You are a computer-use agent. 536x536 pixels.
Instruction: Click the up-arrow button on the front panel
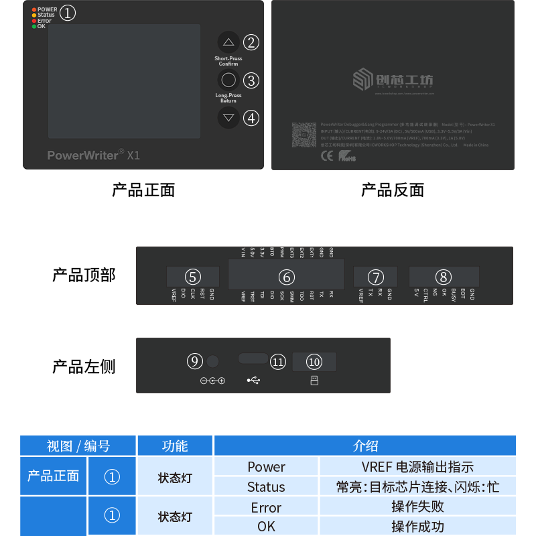tap(228, 42)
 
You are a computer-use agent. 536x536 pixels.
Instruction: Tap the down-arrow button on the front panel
tap(228, 118)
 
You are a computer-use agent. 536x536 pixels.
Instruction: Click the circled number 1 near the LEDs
tap(68, 13)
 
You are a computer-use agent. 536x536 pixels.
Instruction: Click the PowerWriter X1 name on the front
tap(93, 155)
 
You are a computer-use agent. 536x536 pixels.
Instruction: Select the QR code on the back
tap(304, 134)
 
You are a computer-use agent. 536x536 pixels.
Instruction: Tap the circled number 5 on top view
tap(193, 277)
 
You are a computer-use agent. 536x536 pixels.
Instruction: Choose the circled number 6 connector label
tap(286, 277)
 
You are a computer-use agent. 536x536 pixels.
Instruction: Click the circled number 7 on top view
tap(376, 277)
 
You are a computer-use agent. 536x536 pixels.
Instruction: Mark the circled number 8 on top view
tap(444, 277)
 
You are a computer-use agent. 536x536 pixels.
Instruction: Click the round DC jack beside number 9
tap(212, 362)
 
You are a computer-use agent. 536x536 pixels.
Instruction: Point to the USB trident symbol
tap(255, 381)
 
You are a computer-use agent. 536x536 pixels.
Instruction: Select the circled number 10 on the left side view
tap(314, 362)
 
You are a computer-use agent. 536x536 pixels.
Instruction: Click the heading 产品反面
tap(392, 190)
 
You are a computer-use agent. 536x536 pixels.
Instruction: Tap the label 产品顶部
tap(84, 275)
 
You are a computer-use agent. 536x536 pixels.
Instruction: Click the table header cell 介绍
tap(365, 446)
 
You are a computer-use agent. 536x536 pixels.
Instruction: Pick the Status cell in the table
tap(266, 487)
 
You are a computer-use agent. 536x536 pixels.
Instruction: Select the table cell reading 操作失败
tap(417, 507)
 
